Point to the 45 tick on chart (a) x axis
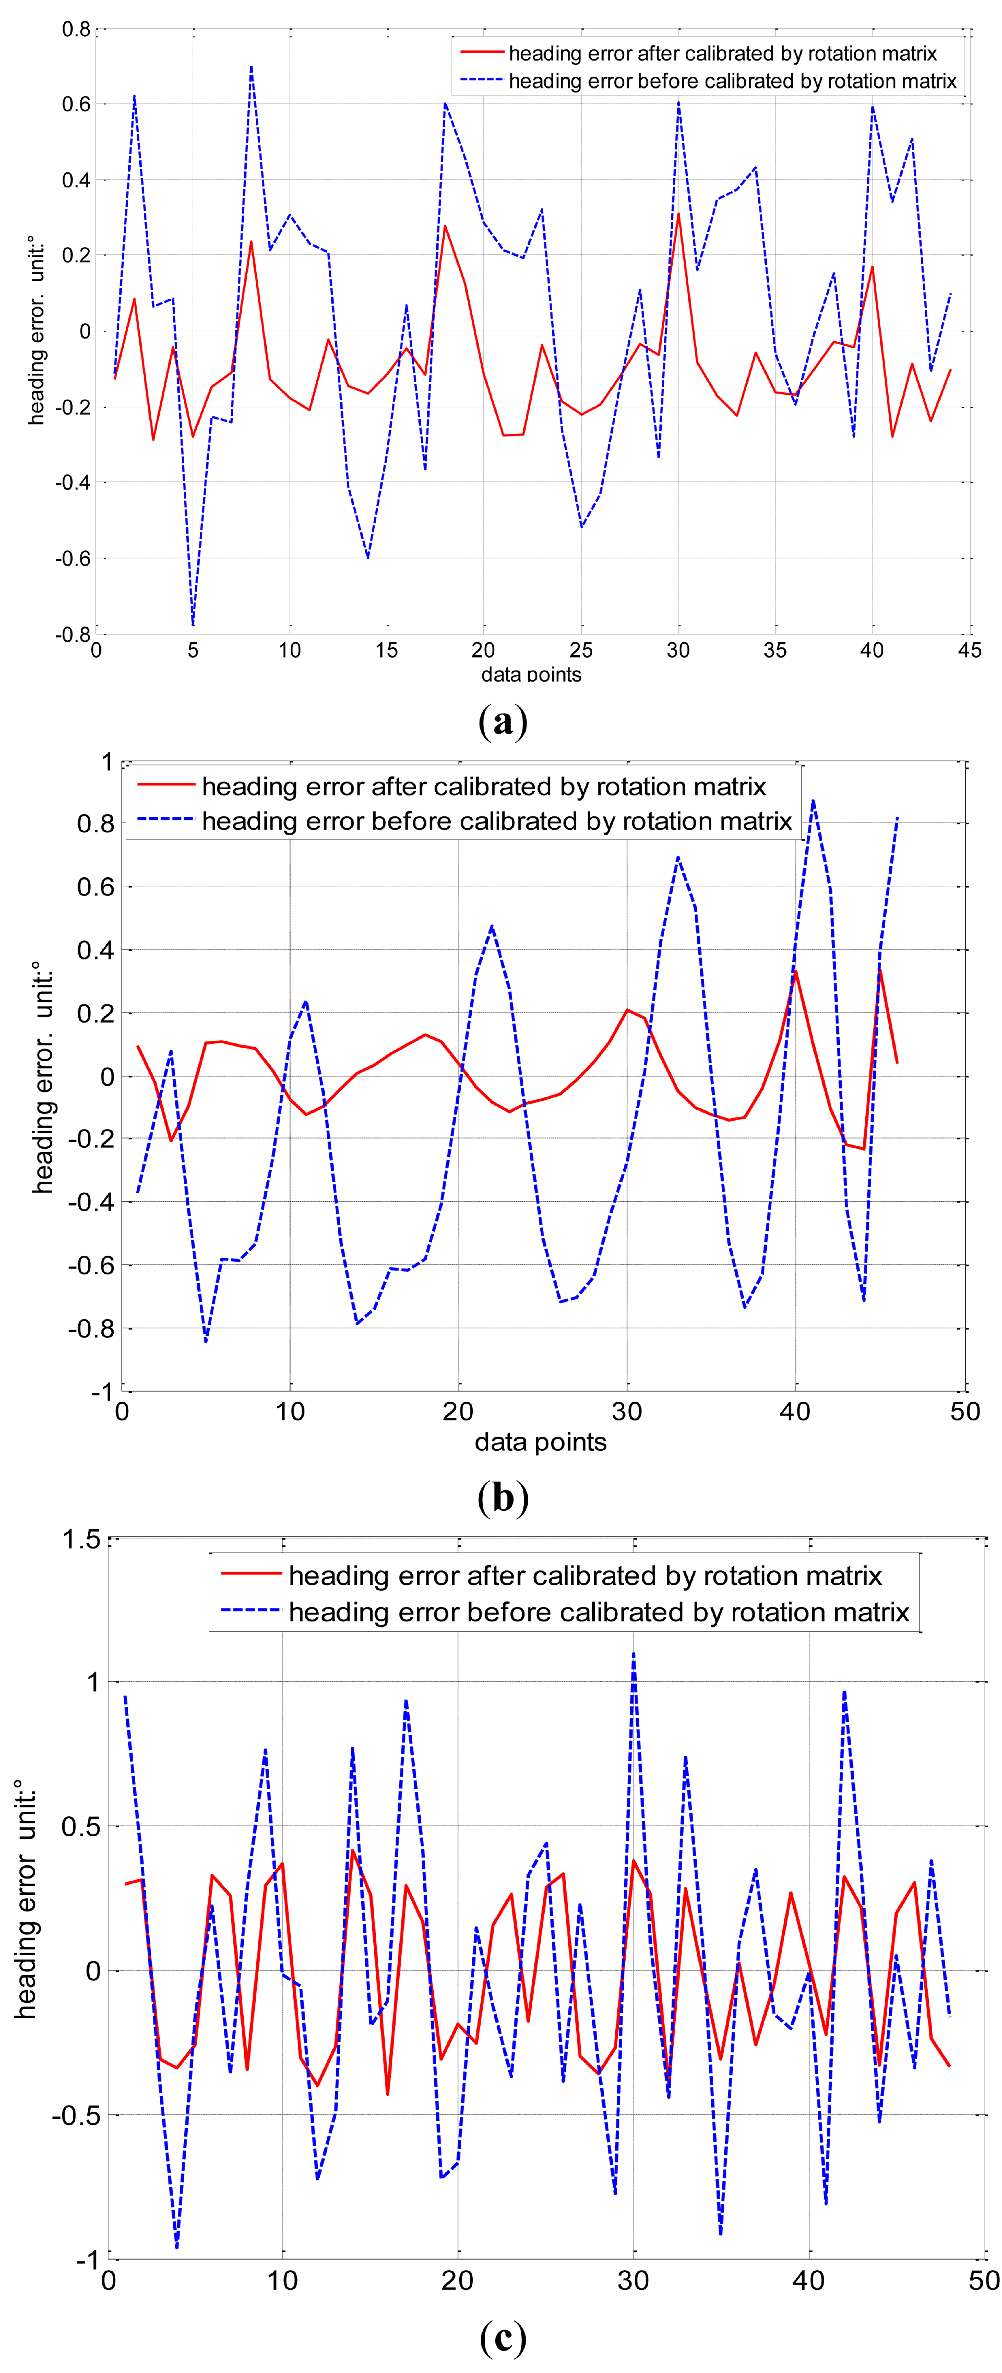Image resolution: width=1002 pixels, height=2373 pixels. (969, 650)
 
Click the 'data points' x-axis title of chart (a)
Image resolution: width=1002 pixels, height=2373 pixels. (531, 674)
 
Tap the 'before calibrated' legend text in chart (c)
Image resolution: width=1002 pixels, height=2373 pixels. (599, 1612)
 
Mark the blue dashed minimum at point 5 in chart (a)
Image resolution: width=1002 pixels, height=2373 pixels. (193, 626)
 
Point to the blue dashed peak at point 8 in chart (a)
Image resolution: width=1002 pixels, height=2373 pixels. (251, 66)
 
